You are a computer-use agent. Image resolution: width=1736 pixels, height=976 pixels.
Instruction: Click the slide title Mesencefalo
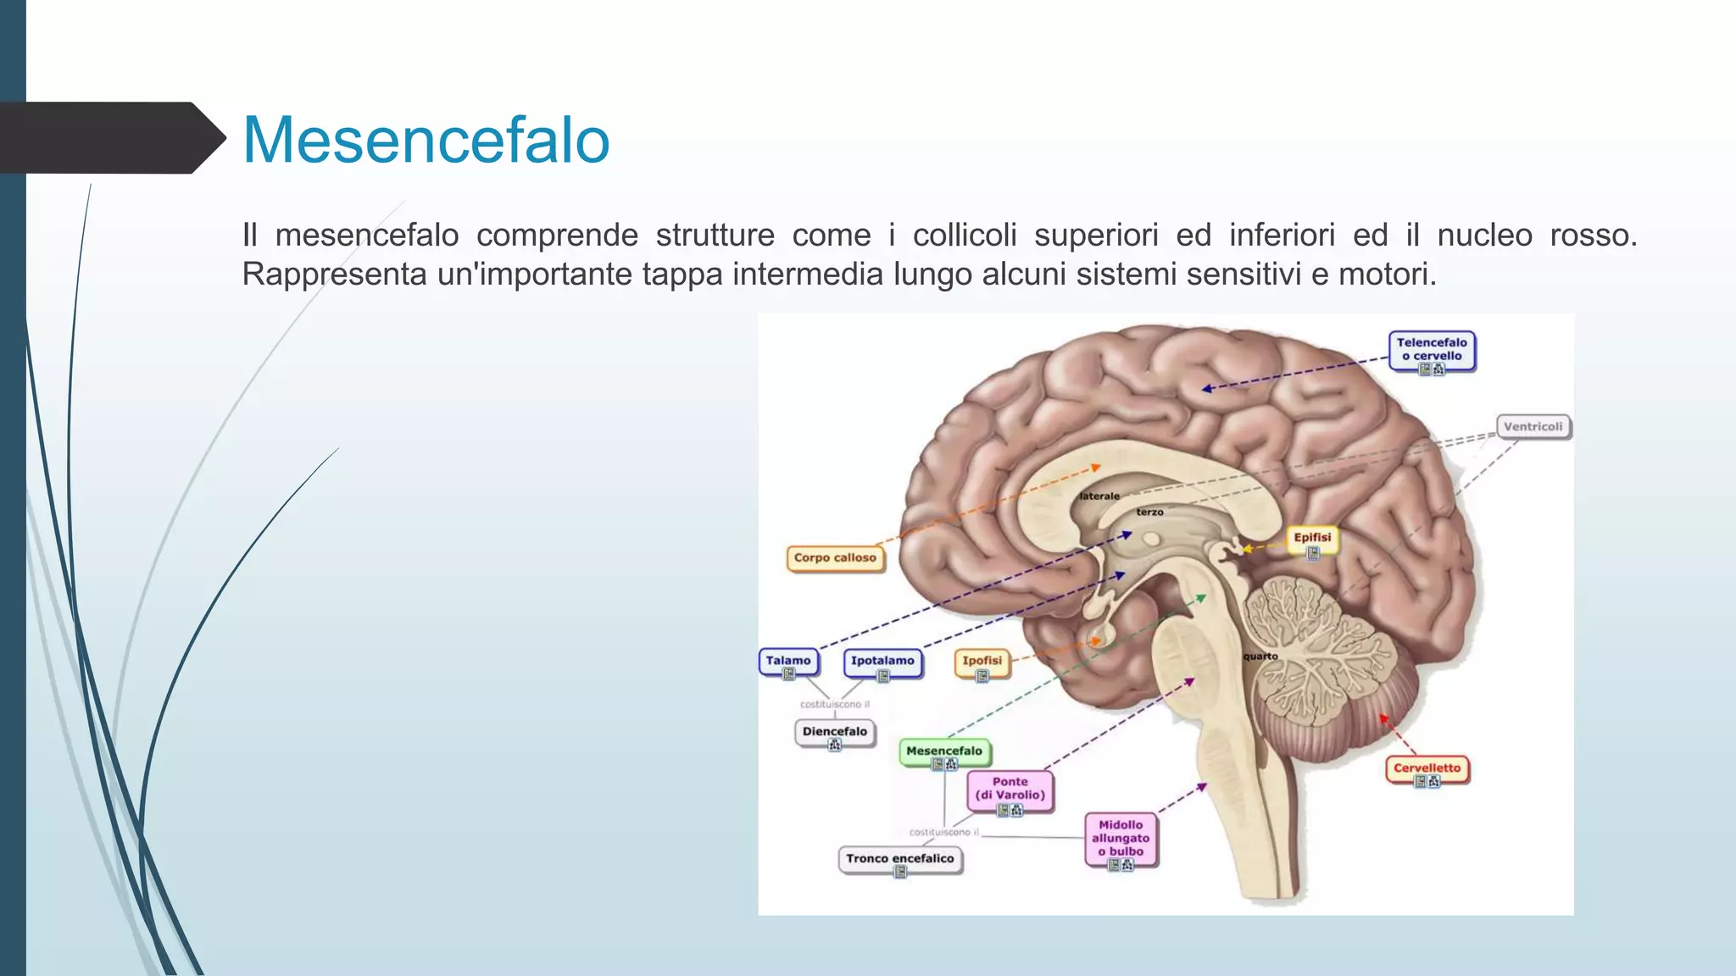(x=426, y=140)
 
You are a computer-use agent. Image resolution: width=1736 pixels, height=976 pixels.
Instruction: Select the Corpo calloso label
(x=835, y=557)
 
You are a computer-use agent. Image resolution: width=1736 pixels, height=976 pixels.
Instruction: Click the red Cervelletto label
(x=1427, y=768)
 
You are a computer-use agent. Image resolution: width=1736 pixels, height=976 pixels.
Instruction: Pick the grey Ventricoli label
(x=1533, y=426)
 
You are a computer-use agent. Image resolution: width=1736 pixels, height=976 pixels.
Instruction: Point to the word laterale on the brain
(x=1099, y=496)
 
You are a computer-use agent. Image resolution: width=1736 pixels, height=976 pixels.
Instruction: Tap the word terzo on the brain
(x=1149, y=512)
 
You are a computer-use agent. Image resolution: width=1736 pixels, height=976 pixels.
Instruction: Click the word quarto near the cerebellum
(x=1260, y=657)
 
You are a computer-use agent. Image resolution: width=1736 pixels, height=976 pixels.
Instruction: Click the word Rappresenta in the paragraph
(x=334, y=274)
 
